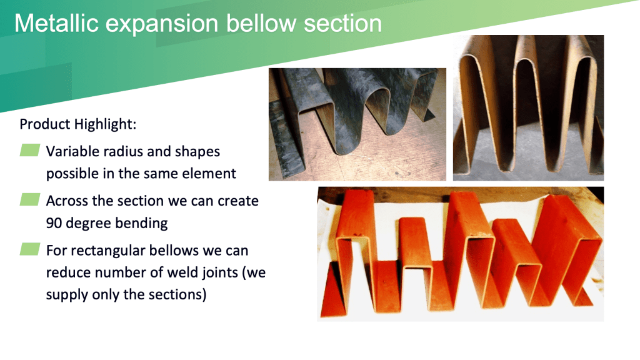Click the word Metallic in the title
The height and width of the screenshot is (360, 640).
(x=56, y=23)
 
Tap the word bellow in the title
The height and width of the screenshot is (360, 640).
(x=261, y=23)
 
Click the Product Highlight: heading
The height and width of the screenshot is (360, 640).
(x=78, y=124)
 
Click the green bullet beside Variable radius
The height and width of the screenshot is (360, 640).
(x=30, y=150)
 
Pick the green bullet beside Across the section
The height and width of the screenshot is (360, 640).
(x=30, y=199)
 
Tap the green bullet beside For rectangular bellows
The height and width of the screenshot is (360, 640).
(x=30, y=249)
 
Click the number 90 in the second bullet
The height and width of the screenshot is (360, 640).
(x=54, y=223)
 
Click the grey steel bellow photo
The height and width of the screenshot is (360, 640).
(x=357, y=124)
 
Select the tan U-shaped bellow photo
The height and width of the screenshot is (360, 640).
(x=528, y=108)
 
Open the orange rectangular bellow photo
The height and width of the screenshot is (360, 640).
(x=461, y=254)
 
